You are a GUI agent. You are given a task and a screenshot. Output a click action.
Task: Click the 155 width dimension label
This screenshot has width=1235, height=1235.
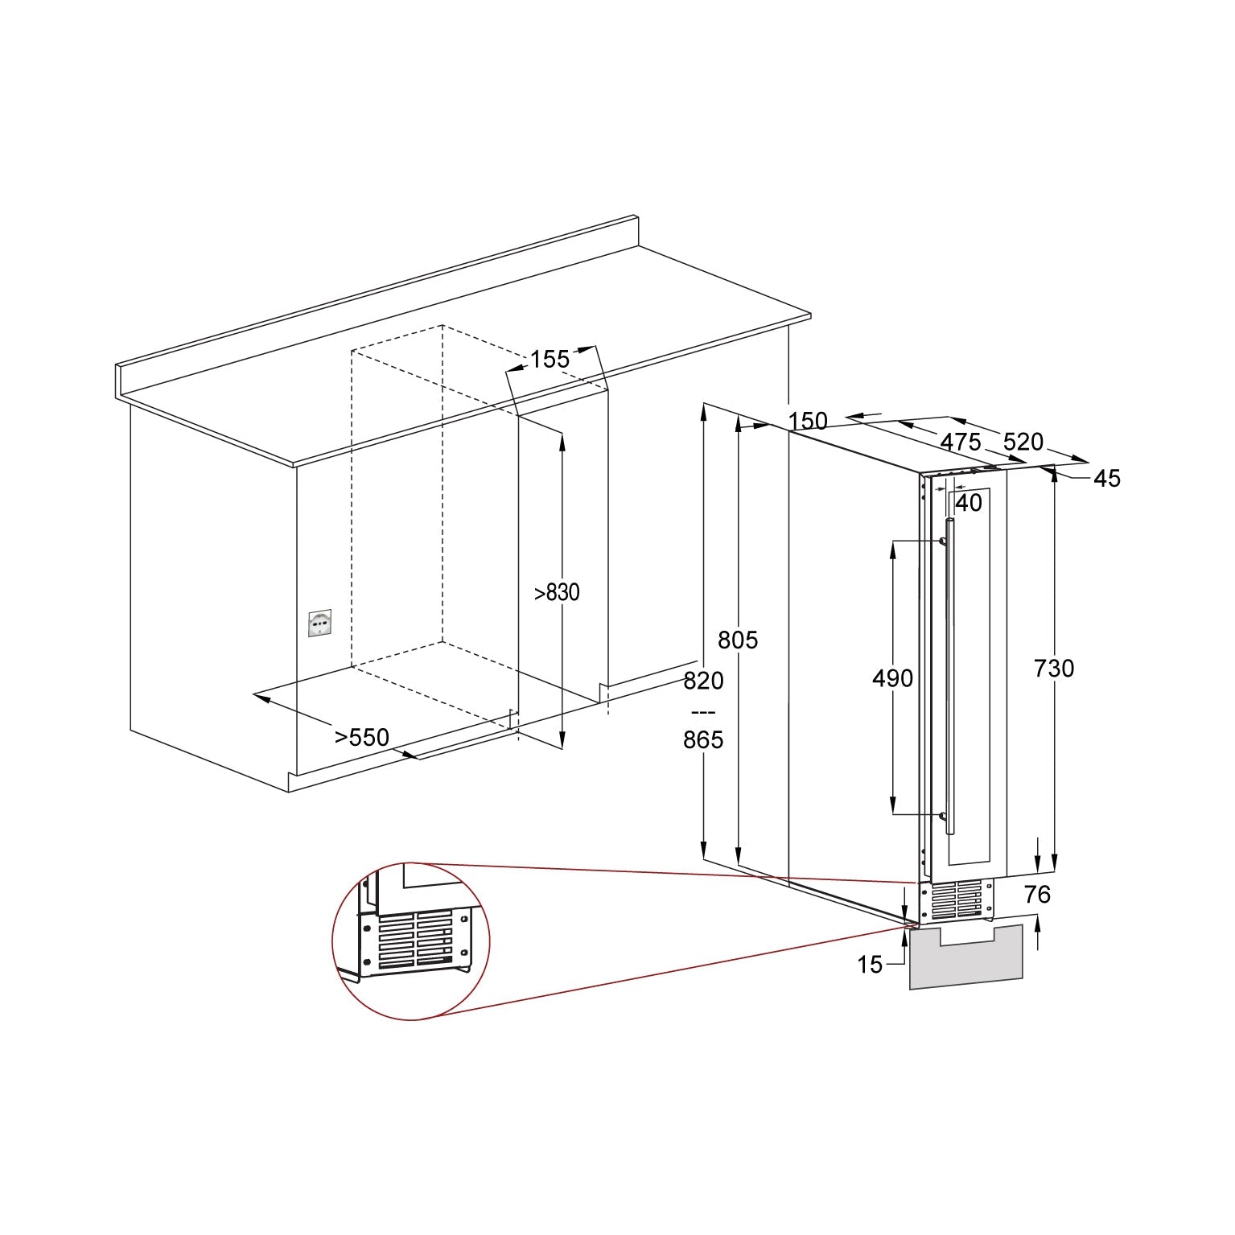click(x=550, y=359)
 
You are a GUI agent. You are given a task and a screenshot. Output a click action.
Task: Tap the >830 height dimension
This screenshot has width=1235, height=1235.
click(x=557, y=592)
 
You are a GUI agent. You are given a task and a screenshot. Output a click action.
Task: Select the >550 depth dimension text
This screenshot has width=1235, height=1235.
click(x=362, y=737)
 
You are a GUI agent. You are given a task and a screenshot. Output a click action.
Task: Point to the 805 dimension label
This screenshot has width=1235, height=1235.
click(x=738, y=640)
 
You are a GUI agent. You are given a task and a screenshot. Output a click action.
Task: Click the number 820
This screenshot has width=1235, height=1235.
click(x=704, y=681)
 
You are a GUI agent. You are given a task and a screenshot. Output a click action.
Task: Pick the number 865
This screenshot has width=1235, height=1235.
click(x=704, y=739)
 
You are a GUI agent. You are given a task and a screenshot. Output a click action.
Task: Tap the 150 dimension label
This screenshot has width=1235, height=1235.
click(x=808, y=421)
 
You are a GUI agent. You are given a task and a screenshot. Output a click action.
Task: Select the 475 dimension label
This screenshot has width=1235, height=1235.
click(x=961, y=442)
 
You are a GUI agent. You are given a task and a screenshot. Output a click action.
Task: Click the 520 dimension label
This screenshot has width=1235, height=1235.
click(x=1023, y=442)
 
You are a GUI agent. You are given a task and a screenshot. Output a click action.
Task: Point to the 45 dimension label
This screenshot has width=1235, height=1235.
click(x=1107, y=478)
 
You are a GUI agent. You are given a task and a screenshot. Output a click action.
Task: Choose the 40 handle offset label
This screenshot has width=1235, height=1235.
click(x=969, y=503)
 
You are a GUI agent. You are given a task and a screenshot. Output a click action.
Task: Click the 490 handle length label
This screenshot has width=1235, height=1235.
click(x=893, y=678)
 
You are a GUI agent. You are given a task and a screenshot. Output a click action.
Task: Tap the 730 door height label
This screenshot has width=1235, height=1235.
click(x=1054, y=668)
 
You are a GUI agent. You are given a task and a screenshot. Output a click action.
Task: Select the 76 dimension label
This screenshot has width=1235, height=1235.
click(x=1038, y=894)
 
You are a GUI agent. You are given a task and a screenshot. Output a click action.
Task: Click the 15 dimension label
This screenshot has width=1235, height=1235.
click(x=870, y=965)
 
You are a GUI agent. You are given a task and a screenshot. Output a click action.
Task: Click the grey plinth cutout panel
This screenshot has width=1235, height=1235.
click(x=966, y=957)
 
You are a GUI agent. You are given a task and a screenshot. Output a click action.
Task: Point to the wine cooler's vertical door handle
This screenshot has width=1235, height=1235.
click(x=950, y=677)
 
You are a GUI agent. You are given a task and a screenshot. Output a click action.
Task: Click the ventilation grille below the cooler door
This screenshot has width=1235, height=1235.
click(x=957, y=899)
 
